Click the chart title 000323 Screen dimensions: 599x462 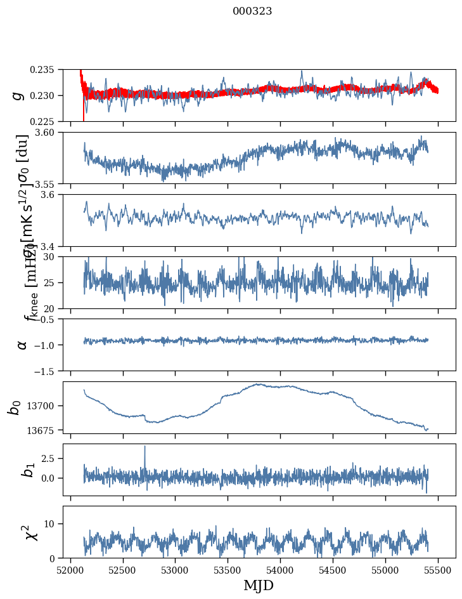point(252,11)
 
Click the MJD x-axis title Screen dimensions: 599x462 point(259,586)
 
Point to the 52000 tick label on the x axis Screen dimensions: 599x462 point(70,570)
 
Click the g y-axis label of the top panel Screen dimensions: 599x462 point(18,95)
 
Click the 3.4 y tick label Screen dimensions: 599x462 point(51,246)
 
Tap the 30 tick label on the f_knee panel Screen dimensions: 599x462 point(53,257)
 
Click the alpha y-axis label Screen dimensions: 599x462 point(22,345)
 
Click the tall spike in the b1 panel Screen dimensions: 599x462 point(144,447)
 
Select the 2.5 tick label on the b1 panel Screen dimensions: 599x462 point(49,458)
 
